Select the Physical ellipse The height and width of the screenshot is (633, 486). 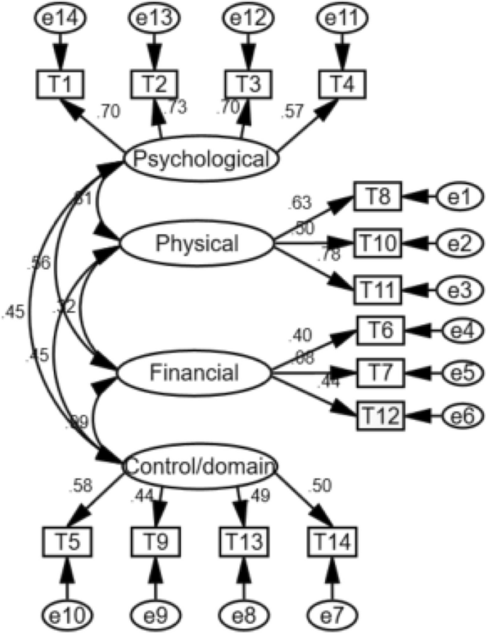(197, 244)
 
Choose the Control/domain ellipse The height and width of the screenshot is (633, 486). (199, 466)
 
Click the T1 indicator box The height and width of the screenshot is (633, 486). (61, 84)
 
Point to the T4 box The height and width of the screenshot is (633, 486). (343, 84)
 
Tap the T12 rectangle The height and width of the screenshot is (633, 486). (377, 414)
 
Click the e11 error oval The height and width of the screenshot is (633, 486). (343, 21)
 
